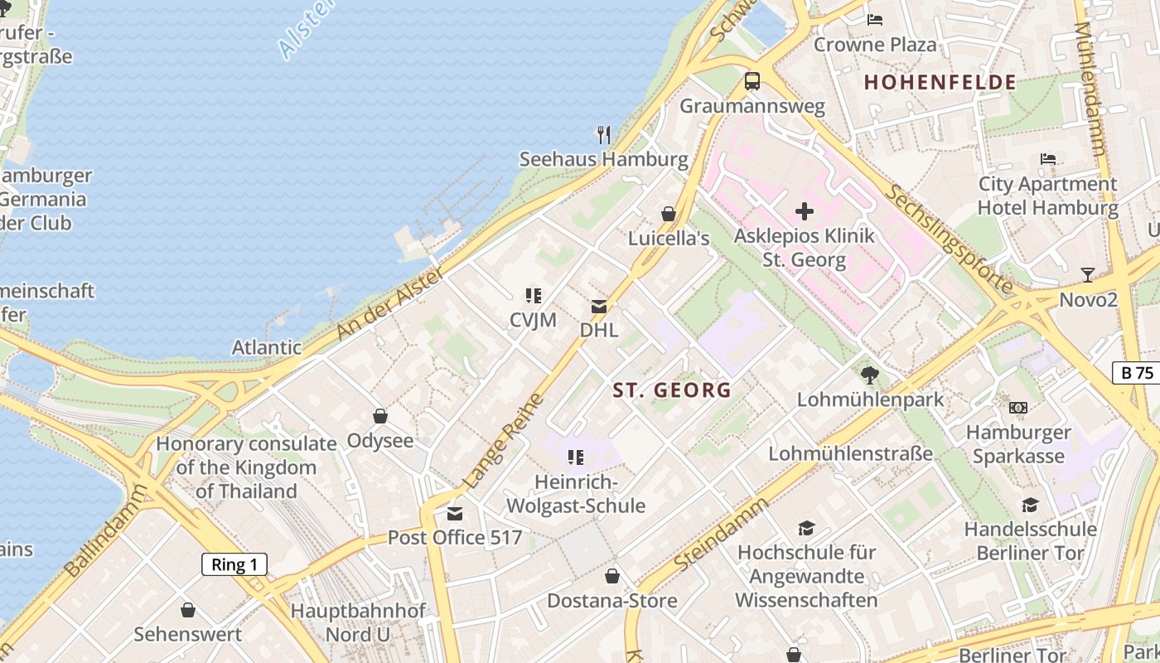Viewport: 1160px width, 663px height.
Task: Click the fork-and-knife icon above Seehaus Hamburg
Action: click(x=604, y=134)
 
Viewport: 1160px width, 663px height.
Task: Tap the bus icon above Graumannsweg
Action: click(x=752, y=81)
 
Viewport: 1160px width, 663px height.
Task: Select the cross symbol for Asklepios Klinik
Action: click(x=804, y=211)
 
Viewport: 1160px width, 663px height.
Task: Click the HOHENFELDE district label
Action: click(x=940, y=82)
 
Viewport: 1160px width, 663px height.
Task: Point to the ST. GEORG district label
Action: click(x=672, y=390)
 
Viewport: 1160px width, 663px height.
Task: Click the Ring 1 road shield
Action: click(x=234, y=565)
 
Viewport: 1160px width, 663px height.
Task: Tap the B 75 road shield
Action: click(x=1137, y=373)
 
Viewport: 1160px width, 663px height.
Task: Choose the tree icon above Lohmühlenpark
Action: click(x=869, y=375)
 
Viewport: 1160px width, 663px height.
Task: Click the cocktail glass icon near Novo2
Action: click(x=1087, y=275)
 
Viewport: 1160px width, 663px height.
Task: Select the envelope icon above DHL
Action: click(x=598, y=307)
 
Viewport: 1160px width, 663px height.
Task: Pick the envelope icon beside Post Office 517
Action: click(x=455, y=514)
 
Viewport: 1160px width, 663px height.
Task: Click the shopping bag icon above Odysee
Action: click(x=380, y=416)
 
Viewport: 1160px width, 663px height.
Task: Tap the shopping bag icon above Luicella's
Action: click(x=668, y=214)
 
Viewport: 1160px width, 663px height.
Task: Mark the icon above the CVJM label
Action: click(x=533, y=295)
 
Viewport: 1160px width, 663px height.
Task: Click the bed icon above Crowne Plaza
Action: click(x=874, y=20)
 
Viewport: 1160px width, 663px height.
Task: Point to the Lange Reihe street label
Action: click(x=502, y=440)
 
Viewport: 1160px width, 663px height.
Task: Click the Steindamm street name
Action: click(x=721, y=528)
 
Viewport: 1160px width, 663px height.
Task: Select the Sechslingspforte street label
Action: click(x=950, y=239)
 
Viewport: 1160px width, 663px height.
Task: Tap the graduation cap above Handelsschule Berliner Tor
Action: click(x=1030, y=505)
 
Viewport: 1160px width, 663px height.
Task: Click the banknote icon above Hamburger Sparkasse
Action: click(x=1018, y=408)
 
